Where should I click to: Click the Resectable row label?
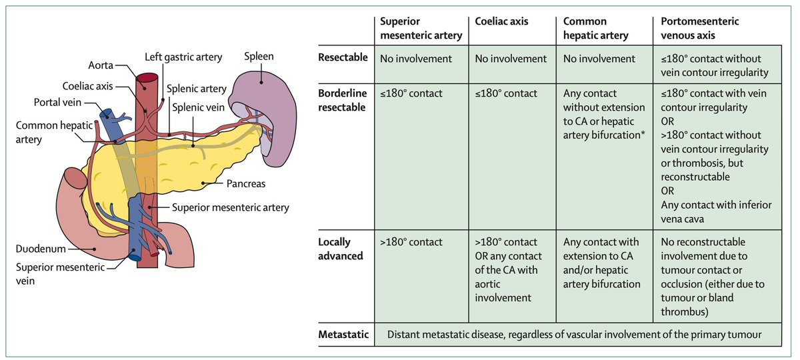[343, 58]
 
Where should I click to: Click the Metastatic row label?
[343, 334]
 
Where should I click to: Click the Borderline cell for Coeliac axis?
[506, 93]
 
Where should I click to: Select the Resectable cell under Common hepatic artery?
[599, 59]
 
